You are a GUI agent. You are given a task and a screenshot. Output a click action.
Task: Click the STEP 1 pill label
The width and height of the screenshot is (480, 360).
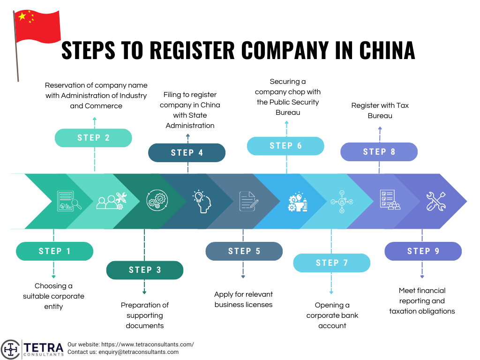(54, 251)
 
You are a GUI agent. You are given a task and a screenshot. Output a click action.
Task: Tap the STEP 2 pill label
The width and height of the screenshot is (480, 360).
(93, 138)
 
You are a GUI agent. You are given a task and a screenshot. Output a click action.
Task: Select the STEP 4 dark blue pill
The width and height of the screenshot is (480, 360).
(187, 153)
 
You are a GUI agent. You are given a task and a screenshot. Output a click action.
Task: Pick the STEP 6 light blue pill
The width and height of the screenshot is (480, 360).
(285, 146)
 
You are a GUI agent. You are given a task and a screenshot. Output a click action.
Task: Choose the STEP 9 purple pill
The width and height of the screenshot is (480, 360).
(423, 251)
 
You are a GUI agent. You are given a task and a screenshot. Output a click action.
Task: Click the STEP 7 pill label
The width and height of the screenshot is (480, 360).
(331, 263)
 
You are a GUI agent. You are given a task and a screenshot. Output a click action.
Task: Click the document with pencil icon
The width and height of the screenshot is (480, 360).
(248, 201)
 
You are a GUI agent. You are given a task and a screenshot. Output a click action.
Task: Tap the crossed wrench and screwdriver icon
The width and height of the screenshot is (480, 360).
(435, 201)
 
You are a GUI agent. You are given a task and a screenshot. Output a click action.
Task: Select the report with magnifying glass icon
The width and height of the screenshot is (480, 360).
(67, 200)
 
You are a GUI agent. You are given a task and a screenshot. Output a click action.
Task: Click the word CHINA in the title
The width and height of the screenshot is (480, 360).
(387, 51)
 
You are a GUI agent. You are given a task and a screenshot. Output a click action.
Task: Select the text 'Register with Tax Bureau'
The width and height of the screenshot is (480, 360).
(380, 110)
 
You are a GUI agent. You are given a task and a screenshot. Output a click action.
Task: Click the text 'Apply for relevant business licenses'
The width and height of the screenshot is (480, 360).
(243, 300)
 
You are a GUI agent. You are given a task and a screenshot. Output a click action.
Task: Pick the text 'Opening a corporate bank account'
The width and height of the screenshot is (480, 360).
(332, 315)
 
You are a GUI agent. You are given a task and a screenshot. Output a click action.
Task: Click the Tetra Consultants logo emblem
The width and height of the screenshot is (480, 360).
(10, 349)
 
